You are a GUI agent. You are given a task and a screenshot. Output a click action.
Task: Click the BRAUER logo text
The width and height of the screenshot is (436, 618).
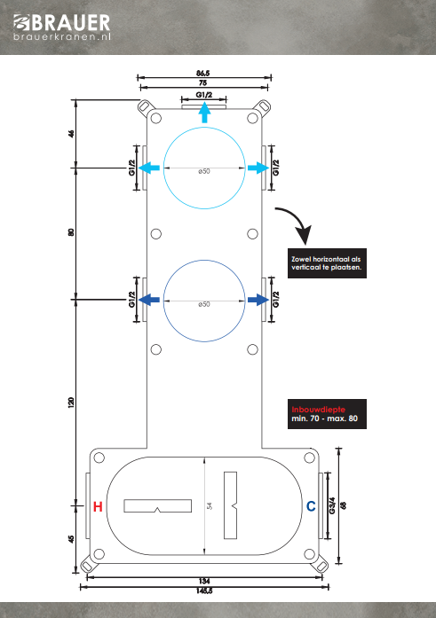point(62,22)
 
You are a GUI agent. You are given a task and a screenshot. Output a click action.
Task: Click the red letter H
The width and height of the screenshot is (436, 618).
point(98,506)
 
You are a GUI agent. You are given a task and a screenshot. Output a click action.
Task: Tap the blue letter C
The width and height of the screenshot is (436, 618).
point(311,506)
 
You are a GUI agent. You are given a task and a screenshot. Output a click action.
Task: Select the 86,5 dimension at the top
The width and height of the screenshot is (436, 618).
point(203,74)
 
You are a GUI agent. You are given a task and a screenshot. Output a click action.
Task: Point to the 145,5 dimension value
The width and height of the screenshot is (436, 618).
point(204,591)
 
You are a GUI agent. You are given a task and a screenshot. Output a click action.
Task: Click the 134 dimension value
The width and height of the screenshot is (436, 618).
point(204,581)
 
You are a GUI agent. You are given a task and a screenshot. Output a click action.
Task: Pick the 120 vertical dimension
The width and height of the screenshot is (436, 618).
point(71,403)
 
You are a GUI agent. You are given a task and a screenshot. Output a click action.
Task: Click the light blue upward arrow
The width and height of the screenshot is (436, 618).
point(204,113)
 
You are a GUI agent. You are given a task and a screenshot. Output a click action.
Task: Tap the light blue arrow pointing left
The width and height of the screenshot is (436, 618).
point(149,168)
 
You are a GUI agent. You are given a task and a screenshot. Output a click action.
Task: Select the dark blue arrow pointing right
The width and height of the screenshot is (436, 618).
point(258,300)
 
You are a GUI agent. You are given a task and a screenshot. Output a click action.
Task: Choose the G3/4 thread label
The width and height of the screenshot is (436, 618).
point(332,505)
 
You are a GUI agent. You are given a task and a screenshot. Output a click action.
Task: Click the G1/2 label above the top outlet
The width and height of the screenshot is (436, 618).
point(204,95)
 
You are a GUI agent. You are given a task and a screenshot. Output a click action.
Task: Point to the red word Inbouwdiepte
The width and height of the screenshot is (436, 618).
point(319,410)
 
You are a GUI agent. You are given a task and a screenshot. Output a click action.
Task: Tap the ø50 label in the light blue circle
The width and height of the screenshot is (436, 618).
point(204,171)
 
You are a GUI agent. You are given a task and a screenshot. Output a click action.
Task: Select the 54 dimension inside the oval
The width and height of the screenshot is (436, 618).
point(210,505)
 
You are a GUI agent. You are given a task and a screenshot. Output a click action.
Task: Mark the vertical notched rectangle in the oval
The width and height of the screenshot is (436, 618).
point(230,505)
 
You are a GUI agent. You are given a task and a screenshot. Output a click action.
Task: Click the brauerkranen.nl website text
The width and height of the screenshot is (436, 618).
point(62,36)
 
